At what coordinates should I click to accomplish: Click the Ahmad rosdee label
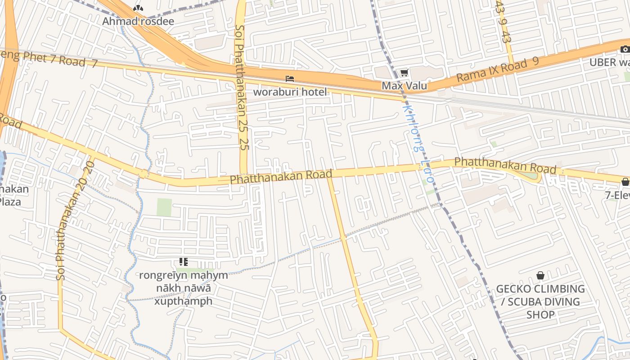point(138,21)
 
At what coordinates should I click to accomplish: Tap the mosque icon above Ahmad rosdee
point(138,8)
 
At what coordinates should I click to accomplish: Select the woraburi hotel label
point(290,92)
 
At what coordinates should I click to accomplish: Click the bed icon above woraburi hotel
point(290,79)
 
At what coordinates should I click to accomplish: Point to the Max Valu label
point(404,85)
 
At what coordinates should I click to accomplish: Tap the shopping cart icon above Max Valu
point(404,72)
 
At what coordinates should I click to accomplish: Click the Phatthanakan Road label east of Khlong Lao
point(505,165)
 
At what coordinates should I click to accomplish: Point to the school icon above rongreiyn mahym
point(183,261)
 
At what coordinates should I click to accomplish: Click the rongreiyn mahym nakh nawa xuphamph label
point(183,288)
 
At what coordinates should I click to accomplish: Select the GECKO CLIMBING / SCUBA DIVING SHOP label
point(540,301)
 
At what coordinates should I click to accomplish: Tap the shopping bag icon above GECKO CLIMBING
point(540,275)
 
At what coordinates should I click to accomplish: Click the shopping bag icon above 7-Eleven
point(625,182)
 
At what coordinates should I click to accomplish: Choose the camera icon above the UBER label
point(625,49)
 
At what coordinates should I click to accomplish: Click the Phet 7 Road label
point(49,59)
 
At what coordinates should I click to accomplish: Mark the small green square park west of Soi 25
point(164,207)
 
